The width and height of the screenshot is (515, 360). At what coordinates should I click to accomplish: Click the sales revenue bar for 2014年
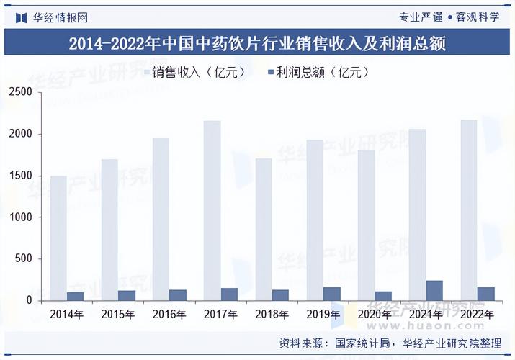58,238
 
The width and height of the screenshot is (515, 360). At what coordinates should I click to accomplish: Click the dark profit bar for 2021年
434,290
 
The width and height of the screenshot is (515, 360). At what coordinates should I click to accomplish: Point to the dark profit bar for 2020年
383,296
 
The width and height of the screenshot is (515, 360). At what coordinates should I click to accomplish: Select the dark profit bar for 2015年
127,295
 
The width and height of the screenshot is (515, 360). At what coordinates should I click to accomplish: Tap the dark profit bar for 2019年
332,294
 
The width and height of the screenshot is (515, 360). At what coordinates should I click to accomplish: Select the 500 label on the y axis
23,259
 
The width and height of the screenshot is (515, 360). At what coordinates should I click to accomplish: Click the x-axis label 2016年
169,315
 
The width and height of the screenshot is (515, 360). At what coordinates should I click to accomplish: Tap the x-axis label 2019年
323,315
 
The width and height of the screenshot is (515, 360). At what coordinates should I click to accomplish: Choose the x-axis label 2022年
476,315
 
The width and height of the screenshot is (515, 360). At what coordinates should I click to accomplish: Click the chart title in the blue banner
257,45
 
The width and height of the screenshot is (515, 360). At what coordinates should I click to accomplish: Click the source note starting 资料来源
389,343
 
